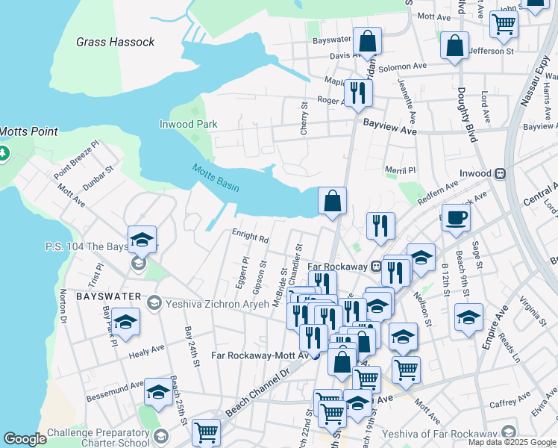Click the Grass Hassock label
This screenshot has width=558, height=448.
[116, 42]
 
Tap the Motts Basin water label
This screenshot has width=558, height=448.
[215, 178]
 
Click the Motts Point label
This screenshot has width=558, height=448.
[29, 131]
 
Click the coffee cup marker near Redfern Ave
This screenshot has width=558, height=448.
[456, 218]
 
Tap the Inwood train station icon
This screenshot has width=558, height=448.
[501, 173]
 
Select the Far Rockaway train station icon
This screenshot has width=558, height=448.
[377, 267]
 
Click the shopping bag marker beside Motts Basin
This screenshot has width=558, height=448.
[333, 201]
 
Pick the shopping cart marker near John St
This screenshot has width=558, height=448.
[504, 25]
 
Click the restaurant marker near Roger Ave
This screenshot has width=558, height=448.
[358, 92]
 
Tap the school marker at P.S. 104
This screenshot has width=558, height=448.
[142, 240]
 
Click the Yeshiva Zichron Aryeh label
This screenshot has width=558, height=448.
[207, 302]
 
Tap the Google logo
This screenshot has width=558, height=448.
[25, 439]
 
